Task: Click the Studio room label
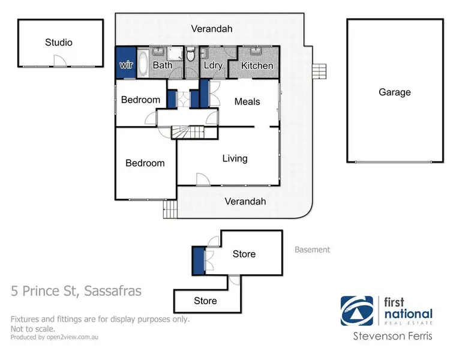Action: (59, 43)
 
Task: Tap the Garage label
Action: (394, 92)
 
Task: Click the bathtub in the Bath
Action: (143, 63)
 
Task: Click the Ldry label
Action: (213, 65)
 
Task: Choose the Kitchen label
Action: (257, 65)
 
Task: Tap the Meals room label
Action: (247, 101)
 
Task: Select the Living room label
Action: (235, 158)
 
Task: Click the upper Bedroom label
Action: (140, 100)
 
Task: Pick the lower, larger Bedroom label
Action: (145, 163)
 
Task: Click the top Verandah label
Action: (211, 28)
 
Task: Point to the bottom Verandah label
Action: (245, 202)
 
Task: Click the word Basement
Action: (312, 250)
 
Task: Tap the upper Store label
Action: (244, 254)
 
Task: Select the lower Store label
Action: (205, 301)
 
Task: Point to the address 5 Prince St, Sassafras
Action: (76, 292)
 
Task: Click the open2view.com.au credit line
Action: (54, 337)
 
